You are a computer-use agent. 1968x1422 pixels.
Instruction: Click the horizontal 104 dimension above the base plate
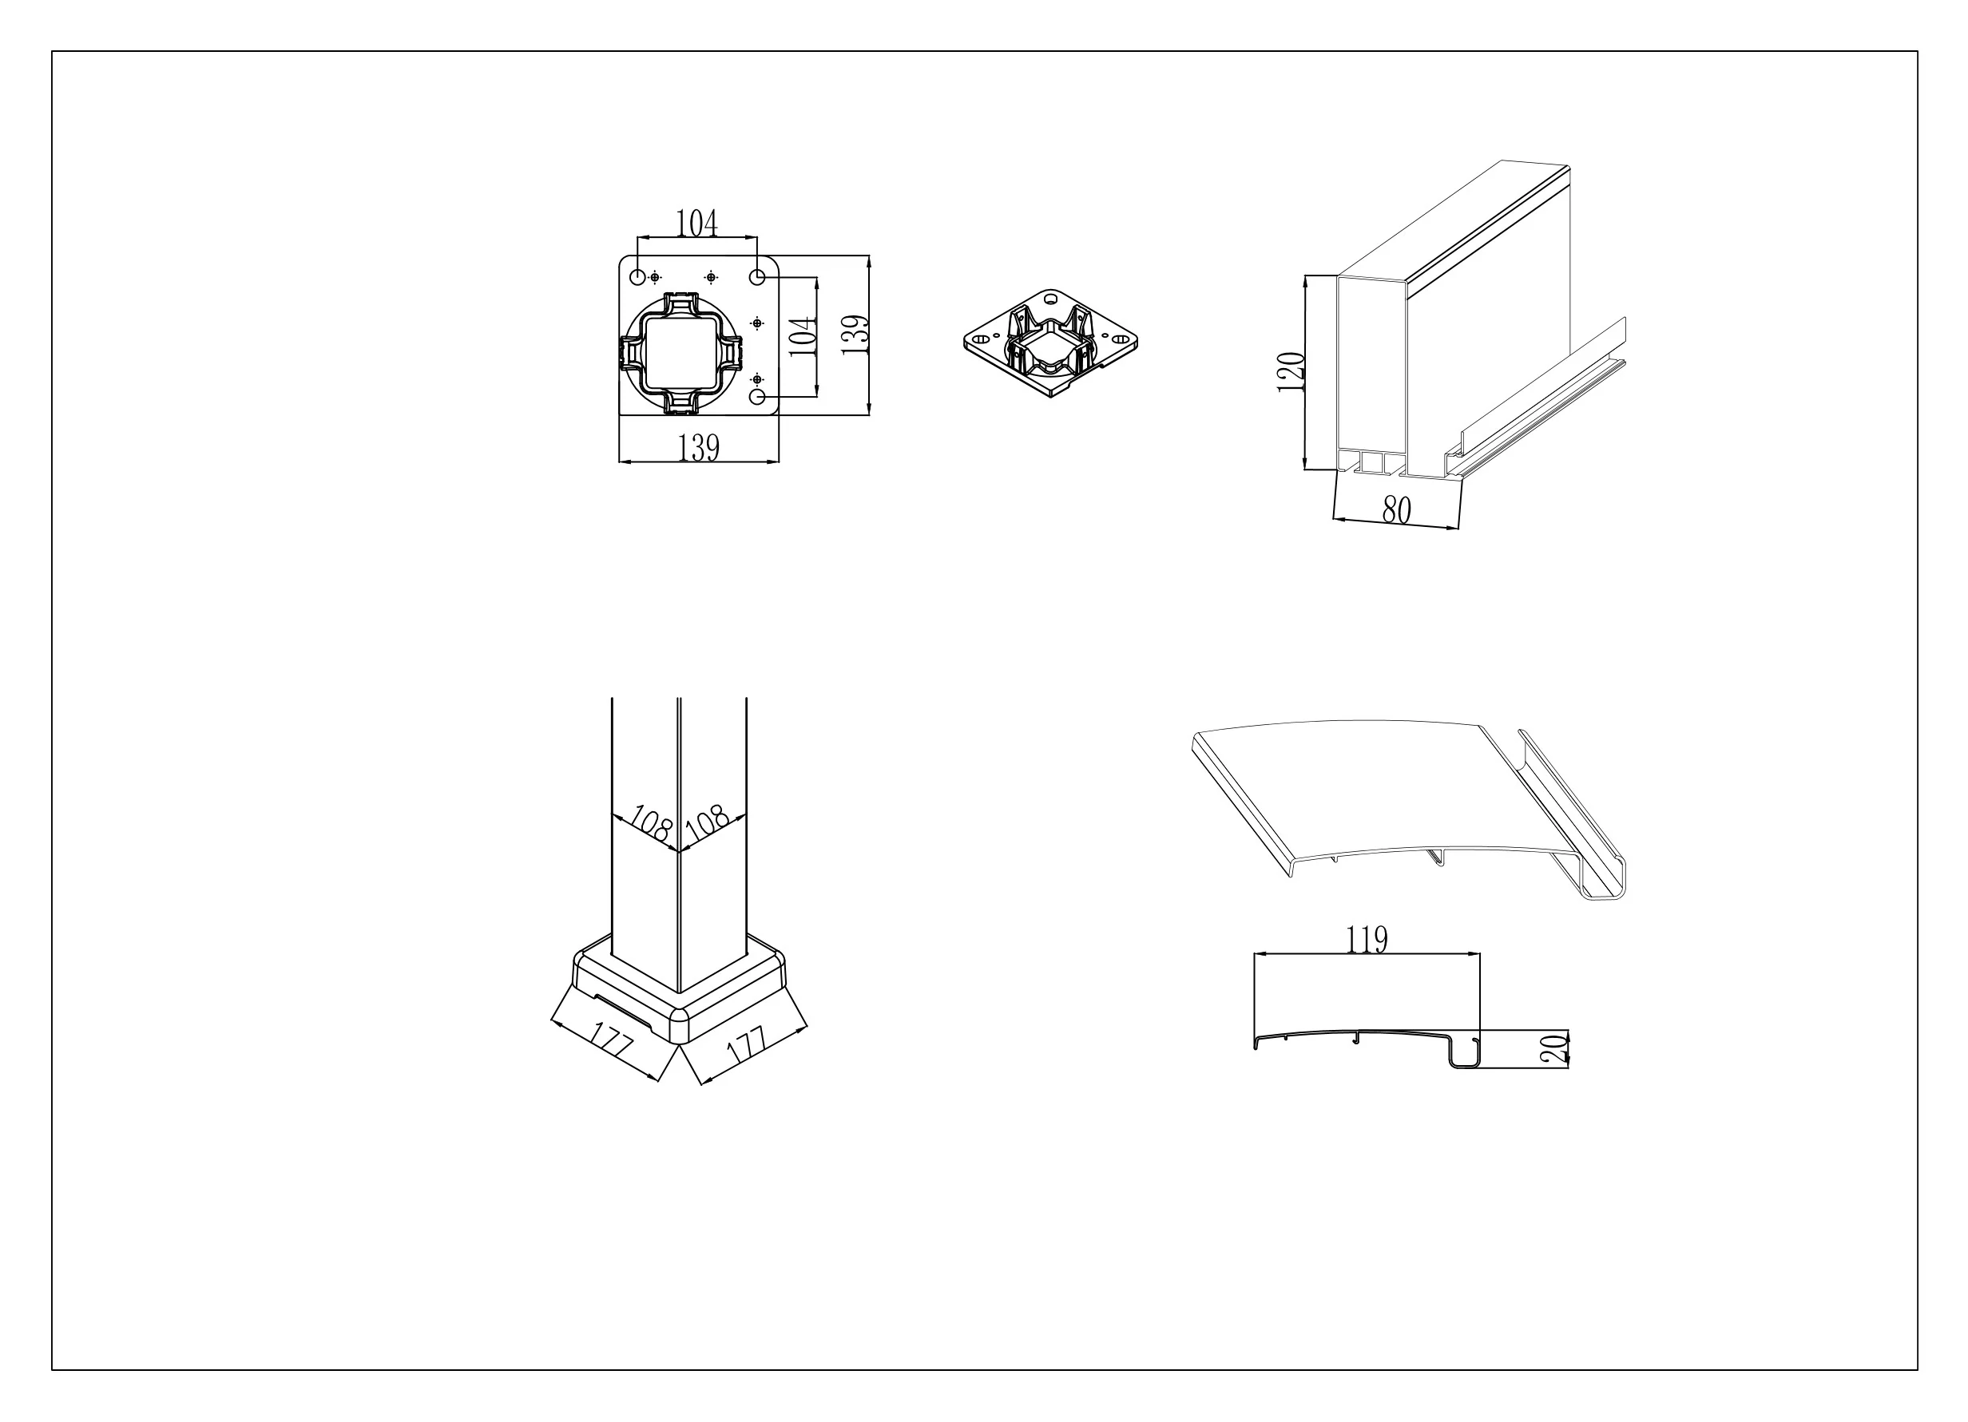696,223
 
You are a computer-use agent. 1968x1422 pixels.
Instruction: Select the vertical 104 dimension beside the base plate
803,336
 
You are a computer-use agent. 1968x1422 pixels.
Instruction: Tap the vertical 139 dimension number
855,335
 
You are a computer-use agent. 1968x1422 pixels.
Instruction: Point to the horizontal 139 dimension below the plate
699,447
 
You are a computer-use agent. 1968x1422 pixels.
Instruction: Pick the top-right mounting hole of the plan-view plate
756,277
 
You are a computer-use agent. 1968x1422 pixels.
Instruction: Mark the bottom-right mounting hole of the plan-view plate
757,397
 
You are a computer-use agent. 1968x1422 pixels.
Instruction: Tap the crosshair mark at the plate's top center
712,277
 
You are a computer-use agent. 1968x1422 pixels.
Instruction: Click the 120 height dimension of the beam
1291,372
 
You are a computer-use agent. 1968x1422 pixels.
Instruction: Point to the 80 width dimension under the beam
1396,510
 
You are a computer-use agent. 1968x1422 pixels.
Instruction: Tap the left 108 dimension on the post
651,822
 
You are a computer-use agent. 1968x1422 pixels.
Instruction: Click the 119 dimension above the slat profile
1367,939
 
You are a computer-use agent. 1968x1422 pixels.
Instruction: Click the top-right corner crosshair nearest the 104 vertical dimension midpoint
757,323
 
